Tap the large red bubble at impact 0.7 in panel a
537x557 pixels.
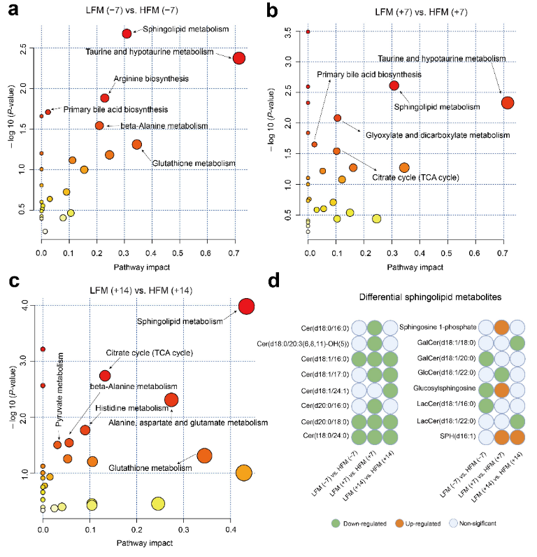(238, 58)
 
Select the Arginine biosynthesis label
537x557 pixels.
(145, 79)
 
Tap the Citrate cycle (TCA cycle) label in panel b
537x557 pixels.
(415, 178)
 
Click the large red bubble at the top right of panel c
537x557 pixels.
(246, 306)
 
